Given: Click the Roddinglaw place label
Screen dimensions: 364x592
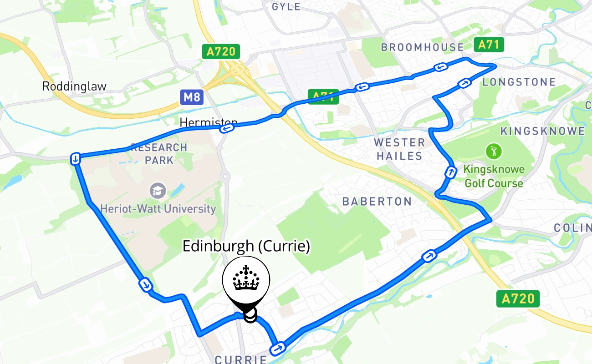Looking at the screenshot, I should point(74,86).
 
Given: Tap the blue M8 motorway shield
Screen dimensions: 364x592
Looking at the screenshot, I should point(191,96).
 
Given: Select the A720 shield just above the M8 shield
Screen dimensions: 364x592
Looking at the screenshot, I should point(221,52).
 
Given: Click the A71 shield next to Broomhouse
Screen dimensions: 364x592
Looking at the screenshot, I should point(489,45).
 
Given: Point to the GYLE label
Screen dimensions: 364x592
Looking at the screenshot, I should point(286,6).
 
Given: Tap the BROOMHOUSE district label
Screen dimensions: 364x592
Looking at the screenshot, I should point(422,47).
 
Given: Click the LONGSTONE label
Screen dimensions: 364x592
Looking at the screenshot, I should point(519,82).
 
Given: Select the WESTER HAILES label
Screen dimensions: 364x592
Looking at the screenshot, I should point(399,149).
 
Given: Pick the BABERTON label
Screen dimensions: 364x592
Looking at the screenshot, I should point(377,202).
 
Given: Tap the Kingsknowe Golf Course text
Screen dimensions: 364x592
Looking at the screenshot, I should point(494,177).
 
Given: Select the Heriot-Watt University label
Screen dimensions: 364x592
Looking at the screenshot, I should point(158,209).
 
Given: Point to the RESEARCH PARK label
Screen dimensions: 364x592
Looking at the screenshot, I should point(159,154).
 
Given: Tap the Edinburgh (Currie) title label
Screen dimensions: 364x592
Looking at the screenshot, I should point(246,246).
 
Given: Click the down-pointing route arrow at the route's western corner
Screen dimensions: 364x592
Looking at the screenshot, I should point(76,159).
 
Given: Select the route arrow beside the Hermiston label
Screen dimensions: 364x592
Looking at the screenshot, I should point(227,129).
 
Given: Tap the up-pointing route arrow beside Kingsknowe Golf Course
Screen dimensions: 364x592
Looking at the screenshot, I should point(450,172).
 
